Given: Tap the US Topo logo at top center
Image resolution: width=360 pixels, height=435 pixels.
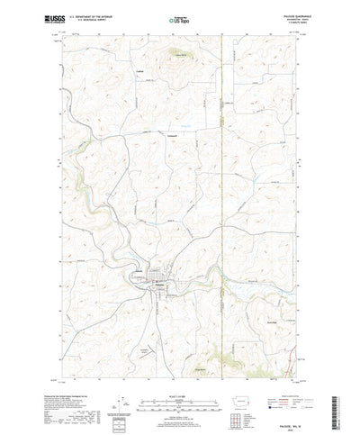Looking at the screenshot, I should coord(179,17).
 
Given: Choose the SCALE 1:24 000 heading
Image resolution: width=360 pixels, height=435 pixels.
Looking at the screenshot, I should coord(180,370).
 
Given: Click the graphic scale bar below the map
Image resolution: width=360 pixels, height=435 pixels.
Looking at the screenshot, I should coord(180,379).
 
